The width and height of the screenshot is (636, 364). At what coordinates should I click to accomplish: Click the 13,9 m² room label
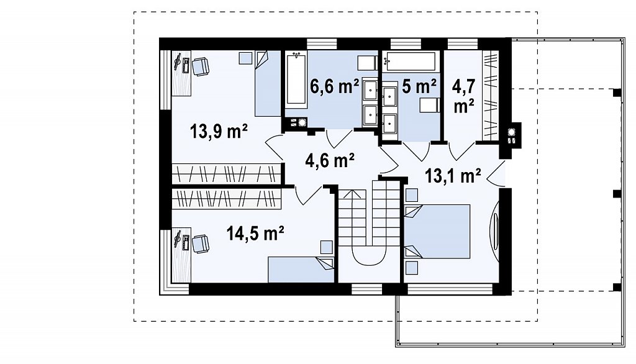click(219, 131)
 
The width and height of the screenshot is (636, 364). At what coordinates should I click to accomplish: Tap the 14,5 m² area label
click(255, 234)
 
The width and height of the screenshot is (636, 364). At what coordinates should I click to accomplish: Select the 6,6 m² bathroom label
click(334, 86)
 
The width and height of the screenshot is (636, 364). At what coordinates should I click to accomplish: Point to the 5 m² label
click(419, 86)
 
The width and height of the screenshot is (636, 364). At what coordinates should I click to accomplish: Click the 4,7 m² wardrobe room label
click(464, 96)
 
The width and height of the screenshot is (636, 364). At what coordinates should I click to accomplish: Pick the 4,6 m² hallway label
click(330, 160)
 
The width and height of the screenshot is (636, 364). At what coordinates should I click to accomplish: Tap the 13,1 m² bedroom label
click(453, 176)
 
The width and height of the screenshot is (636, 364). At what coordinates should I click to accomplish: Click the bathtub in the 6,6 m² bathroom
click(296, 80)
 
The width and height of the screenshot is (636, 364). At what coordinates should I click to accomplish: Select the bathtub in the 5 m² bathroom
click(411, 61)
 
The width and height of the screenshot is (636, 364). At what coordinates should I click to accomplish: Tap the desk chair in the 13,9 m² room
click(201, 66)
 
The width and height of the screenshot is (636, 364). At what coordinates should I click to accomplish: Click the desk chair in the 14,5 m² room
click(201, 243)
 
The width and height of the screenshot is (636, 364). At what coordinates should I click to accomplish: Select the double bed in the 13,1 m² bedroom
click(437, 231)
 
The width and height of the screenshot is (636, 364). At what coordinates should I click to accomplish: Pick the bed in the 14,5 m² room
click(301, 270)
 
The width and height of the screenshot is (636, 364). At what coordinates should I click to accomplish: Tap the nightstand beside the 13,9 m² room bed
click(245, 58)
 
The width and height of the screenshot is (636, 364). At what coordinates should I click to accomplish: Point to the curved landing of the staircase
click(368, 256)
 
